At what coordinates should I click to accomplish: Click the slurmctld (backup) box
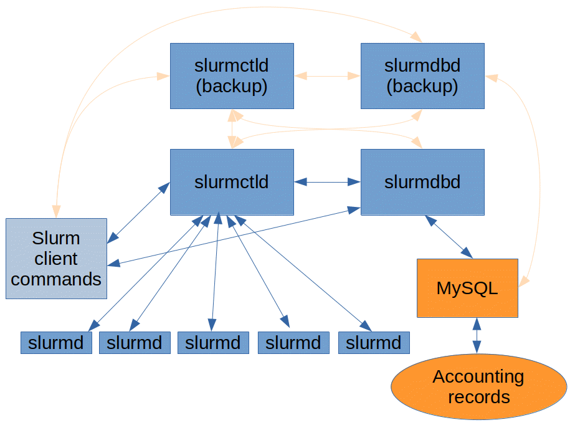point(232,76)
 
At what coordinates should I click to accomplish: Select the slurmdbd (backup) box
point(422,76)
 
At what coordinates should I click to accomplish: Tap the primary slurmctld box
point(232,182)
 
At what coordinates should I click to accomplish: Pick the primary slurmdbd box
point(422,182)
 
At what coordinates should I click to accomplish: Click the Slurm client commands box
point(56,258)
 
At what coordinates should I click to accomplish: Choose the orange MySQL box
point(467,288)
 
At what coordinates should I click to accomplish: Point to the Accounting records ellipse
point(478,386)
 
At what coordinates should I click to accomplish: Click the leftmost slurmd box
point(56,342)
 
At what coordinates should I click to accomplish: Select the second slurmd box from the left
point(135,342)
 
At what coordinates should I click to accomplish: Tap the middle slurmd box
point(213,342)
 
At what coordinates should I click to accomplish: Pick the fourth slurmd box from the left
point(293,342)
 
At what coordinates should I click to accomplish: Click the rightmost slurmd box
point(374,342)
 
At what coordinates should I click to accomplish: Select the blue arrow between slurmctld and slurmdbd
point(327,182)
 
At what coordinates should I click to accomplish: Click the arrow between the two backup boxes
point(327,76)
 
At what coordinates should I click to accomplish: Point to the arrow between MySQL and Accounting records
point(477,336)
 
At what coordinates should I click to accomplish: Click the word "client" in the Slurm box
point(56,259)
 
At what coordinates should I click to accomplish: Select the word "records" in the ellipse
point(478,397)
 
